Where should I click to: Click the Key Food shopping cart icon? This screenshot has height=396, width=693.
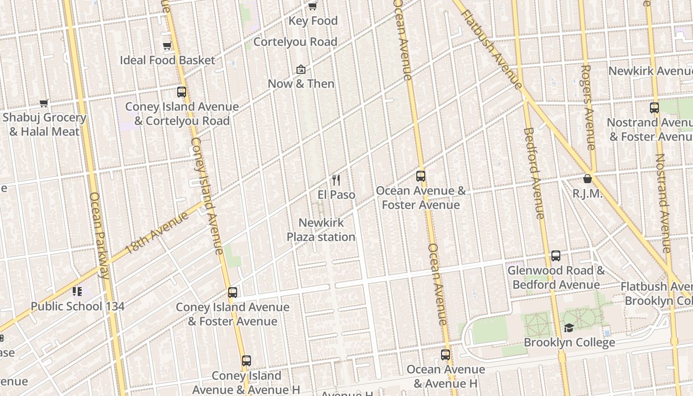click(x=312, y=6)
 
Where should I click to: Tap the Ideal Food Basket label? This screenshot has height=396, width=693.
click(x=168, y=60)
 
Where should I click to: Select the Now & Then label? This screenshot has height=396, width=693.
click(x=301, y=84)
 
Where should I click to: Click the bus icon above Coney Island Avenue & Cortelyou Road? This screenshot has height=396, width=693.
click(x=182, y=92)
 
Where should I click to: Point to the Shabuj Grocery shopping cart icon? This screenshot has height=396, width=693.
click(x=44, y=103)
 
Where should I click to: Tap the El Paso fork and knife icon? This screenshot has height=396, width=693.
click(x=336, y=180)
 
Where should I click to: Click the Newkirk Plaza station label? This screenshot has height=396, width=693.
click(x=321, y=230)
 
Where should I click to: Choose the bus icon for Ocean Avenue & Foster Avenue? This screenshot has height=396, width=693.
click(x=421, y=176)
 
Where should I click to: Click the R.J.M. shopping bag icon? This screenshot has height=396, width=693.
click(x=588, y=179)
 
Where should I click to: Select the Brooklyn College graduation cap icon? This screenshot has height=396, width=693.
click(x=569, y=328)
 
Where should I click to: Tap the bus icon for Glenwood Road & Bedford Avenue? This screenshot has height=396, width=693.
click(x=556, y=256)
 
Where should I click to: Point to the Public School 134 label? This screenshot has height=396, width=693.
click(x=77, y=306)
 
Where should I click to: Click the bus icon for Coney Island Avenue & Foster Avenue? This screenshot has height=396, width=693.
click(x=233, y=293)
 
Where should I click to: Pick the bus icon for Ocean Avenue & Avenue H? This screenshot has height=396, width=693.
click(x=445, y=355)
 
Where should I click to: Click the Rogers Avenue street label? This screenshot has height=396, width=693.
click(x=588, y=107)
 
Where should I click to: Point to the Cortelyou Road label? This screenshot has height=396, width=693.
click(x=296, y=42)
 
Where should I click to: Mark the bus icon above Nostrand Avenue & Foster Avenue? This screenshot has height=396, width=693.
click(x=654, y=108)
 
